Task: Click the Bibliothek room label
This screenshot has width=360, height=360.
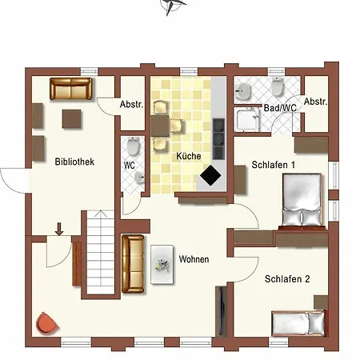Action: click(74, 162)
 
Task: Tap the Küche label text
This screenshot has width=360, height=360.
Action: click(188, 156)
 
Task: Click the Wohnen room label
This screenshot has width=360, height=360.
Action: click(194, 260)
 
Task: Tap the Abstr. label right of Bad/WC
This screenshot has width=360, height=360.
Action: click(317, 101)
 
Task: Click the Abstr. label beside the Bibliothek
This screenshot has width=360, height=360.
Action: click(131, 105)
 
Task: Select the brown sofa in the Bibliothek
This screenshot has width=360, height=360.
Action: click(72, 88)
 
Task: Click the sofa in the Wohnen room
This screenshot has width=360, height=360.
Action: click(133, 264)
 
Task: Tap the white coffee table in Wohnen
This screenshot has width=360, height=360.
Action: click(162, 261)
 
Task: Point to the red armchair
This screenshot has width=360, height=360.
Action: click(47, 324)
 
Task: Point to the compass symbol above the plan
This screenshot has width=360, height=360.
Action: click(171, 6)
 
